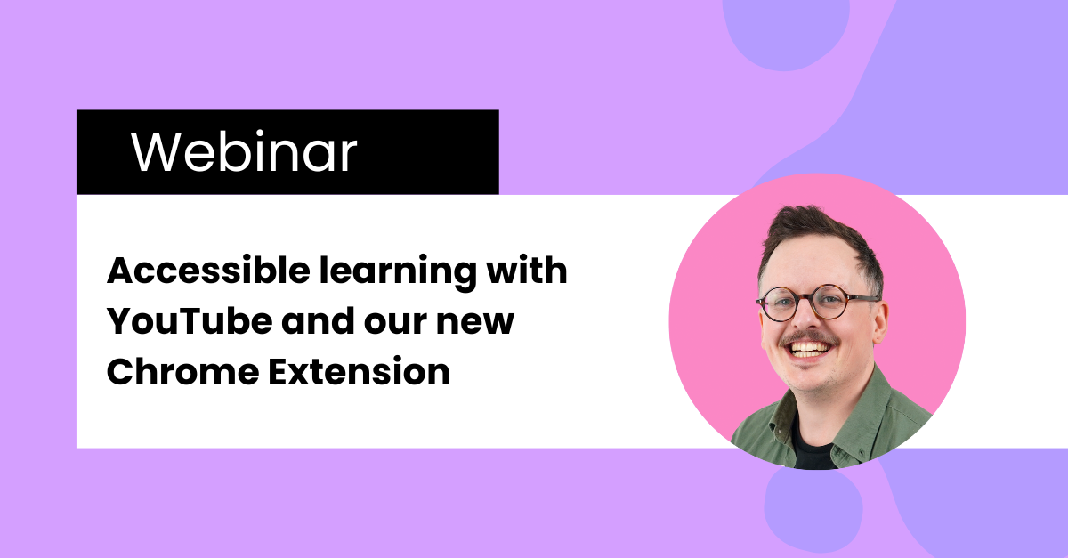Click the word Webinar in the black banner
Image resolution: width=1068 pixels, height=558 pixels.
tap(244, 151)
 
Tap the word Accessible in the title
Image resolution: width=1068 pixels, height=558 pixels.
tap(209, 271)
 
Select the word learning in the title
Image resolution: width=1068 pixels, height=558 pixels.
tap(398, 273)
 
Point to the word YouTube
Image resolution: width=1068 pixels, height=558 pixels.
tap(190, 321)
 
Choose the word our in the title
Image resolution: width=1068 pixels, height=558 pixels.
tap(396, 324)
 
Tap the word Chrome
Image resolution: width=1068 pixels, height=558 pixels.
tap(182, 371)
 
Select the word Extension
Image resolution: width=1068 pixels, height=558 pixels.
tap(360, 371)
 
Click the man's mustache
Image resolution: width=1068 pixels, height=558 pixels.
tap(809, 337)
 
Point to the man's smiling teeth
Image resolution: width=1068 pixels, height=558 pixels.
tap(808, 349)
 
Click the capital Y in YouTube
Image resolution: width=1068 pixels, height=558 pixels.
tap(121, 321)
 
